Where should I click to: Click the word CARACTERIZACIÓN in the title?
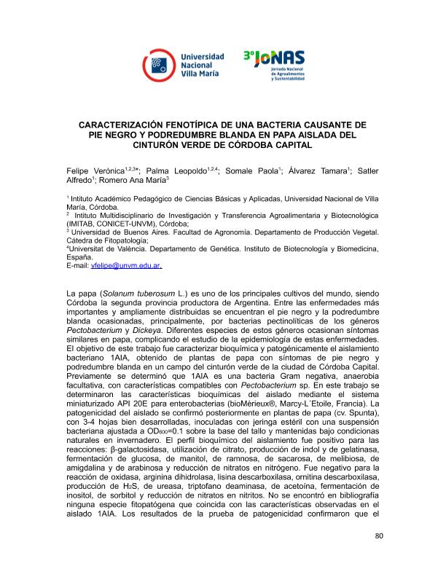tap(125, 125)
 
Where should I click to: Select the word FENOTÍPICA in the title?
tap(206, 125)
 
